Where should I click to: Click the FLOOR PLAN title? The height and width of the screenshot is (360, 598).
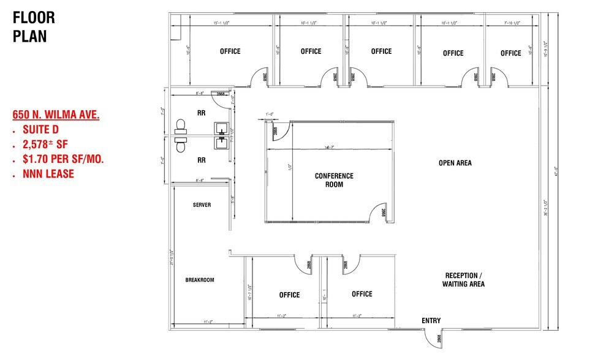(34, 26)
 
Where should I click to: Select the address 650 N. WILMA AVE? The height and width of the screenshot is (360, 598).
(56, 114)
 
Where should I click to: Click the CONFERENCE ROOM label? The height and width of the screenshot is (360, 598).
(334, 180)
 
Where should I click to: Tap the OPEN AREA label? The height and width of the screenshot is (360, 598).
(455, 163)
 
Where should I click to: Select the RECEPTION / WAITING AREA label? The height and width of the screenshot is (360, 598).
(463, 279)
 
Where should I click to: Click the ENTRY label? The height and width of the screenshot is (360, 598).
(431, 321)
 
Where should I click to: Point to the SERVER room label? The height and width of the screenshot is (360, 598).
(202, 204)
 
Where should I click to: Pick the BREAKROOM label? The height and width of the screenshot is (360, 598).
(200, 280)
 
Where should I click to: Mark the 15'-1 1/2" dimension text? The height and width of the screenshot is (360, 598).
(226, 23)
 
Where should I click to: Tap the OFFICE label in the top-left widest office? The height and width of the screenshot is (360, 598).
(230, 51)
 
